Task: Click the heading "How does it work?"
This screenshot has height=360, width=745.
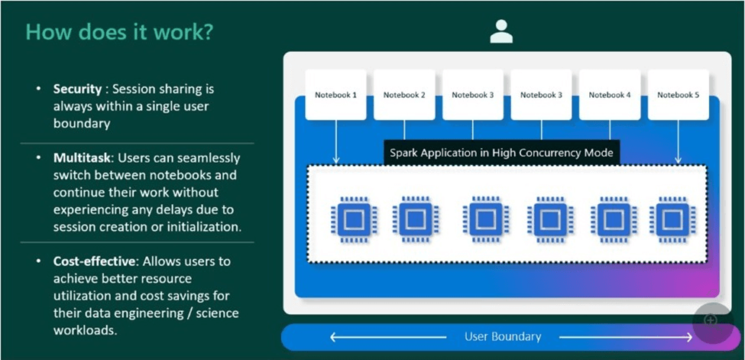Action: (x=120, y=31)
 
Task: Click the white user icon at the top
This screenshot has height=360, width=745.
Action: (x=501, y=31)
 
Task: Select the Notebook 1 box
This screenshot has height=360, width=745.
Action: (x=336, y=95)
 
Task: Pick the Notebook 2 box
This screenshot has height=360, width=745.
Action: (x=404, y=95)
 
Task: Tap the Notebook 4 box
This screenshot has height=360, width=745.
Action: (x=610, y=95)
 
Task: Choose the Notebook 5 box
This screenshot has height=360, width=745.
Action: (x=679, y=95)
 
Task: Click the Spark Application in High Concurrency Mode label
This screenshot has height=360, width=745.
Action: (x=501, y=153)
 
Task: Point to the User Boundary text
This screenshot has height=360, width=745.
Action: (x=503, y=336)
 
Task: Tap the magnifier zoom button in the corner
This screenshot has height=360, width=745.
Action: (x=711, y=320)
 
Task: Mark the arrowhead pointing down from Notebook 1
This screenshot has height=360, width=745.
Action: (x=336, y=160)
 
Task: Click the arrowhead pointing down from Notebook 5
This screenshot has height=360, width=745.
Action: (x=679, y=160)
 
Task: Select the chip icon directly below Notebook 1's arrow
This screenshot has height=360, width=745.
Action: (x=353, y=219)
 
